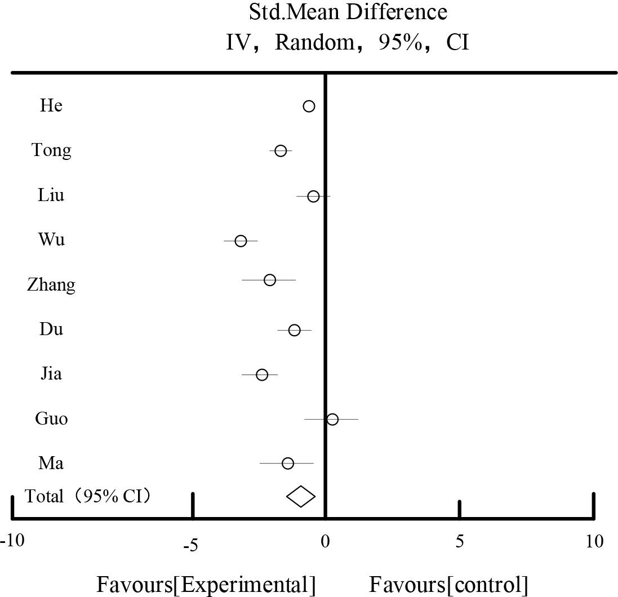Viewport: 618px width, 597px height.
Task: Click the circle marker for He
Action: [309, 106]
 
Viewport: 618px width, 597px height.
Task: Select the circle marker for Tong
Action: [281, 151]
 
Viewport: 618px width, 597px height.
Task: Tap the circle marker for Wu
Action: [241, 241]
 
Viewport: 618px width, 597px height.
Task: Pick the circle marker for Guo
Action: [332, 419]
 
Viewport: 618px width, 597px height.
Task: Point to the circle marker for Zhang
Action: [270, 280]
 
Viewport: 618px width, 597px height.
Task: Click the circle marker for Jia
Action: [262, 375]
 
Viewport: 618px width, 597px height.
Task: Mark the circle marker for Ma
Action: [288, 464]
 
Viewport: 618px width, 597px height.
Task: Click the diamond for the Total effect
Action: [301, 496]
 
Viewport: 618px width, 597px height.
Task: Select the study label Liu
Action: [51, 195]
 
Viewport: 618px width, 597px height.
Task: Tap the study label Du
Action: [51, 329]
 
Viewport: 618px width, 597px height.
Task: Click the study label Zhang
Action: [51, 285]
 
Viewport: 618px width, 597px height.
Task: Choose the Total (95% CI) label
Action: [88, 496]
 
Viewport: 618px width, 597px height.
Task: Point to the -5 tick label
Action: [192, 545]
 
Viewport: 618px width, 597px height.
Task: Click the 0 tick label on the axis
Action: [325, 542]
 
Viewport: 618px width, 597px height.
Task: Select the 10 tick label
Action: [593, 542]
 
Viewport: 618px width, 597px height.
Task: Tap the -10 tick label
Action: [12, 542]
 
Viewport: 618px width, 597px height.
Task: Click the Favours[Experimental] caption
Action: [206, 585]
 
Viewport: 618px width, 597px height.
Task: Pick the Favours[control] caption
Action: [449, 585]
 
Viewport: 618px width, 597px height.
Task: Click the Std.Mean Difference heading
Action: [348, 12]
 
